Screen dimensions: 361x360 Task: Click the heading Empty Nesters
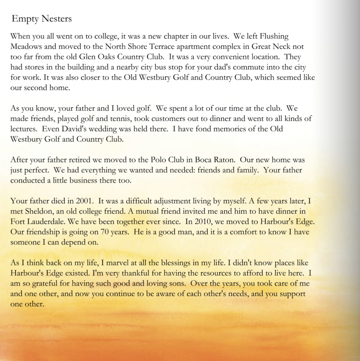[42, 19]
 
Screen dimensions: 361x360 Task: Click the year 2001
[84, 201]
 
